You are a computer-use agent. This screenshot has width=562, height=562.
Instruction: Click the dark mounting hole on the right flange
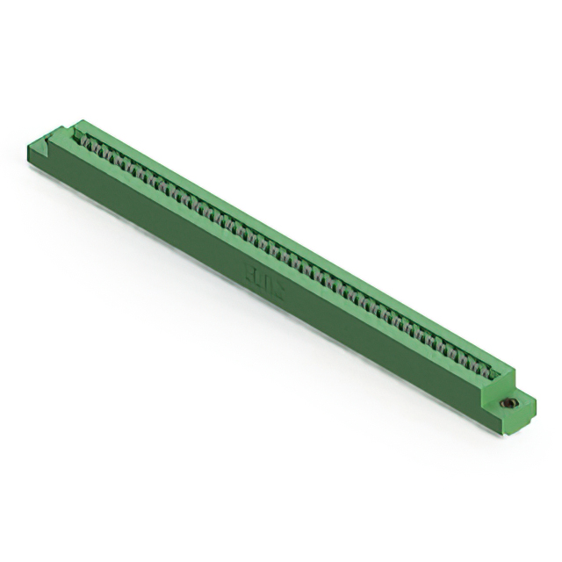click(507, 403)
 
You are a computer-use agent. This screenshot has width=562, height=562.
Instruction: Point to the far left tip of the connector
click(29, 150)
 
